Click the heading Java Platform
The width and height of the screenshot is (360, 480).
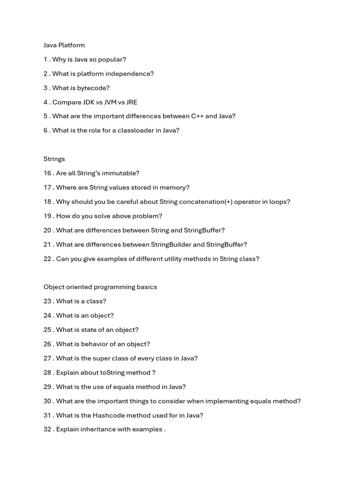click(64, 45)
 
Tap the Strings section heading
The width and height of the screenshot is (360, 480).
click(54, 159)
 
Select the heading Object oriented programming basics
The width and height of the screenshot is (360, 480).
click(100, 287)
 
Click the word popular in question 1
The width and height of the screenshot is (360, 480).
click(112, 60)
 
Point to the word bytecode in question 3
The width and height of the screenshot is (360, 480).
click(93, 88)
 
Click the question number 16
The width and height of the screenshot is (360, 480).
click(47, 173)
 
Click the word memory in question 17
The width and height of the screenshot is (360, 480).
click(176, 187)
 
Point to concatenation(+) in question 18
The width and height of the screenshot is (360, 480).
click(204, 202)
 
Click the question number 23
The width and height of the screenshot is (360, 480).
click(47, 301)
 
